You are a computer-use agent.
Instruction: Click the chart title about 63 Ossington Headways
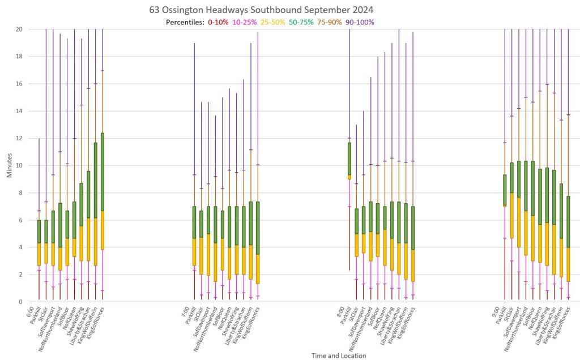[261, 10]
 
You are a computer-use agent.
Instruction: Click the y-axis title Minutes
[10, 165]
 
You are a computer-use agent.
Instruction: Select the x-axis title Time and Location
[338, 355]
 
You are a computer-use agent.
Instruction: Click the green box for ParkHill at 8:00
[349, 158]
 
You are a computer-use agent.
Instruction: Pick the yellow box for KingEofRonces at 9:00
[568, 264]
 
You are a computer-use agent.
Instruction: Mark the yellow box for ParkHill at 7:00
[194, 252]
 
